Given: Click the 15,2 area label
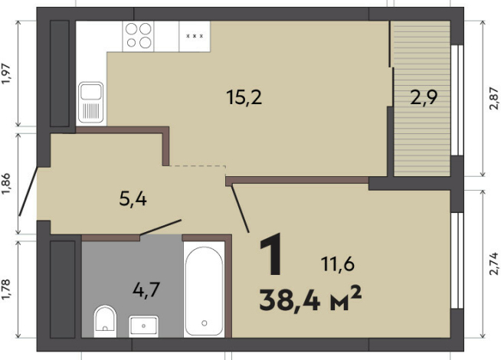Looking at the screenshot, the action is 244,97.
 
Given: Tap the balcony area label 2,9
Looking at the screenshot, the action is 424,97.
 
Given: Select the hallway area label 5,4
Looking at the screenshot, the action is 133,199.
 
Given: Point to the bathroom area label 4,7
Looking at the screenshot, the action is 146,290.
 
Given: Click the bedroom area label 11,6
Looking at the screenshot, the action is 337,264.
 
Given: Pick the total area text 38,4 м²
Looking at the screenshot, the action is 310,300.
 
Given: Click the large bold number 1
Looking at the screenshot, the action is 271,254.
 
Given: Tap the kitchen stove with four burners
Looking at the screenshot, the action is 138,36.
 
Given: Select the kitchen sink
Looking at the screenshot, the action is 91,102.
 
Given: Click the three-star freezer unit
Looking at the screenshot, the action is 195,36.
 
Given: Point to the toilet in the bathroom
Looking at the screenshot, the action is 105,321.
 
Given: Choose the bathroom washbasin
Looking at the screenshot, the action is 143,326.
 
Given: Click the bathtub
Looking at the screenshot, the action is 205,290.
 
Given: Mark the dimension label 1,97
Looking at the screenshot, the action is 6,74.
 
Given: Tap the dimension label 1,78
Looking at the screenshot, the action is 6,290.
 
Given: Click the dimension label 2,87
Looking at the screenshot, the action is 493,98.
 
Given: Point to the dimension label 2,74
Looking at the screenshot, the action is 493,263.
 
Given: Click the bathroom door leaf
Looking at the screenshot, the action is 161,227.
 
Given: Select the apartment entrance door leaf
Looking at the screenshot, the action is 28,191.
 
